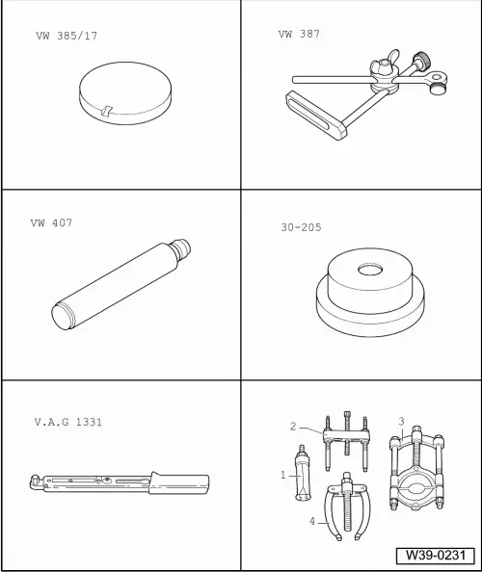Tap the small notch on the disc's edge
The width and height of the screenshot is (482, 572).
click(x=111, y=112)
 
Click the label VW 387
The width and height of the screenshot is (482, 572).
click(x=299, y=34)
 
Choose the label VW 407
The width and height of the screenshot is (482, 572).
click(x=51, y=223)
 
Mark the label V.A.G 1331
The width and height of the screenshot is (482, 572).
click(x=67, y=421)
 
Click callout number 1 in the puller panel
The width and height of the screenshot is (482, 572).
click(x=283, y=474)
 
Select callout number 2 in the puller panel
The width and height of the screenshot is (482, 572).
click(x=293, y=425)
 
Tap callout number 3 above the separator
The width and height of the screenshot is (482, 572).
click(x=401, y=421)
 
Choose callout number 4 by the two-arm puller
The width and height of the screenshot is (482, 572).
click(x=311, y=521)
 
